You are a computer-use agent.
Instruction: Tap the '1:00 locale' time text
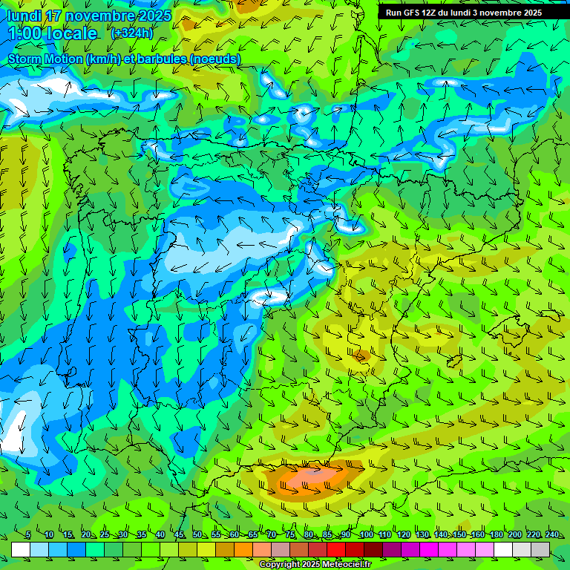(53, 33)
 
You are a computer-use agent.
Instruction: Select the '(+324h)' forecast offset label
(132, 33)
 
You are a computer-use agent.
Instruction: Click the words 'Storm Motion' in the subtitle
(43, 59)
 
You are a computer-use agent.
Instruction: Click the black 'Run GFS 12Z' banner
(463, 13)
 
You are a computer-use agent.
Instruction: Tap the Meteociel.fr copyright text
(315, 565)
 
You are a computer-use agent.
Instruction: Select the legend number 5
(28, 535)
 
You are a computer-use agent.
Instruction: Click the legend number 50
(197, 535)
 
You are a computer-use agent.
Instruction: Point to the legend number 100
(366, 535)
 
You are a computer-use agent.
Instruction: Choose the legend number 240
(551, 535)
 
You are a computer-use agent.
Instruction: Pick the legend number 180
(496, 535)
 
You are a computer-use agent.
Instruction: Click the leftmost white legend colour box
(21, 549)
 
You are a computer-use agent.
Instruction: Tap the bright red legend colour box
(336, 549)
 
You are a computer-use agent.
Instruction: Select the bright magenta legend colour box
(429, 549)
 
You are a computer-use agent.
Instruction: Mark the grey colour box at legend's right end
(540, 549)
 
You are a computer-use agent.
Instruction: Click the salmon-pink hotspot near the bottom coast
(312, 479)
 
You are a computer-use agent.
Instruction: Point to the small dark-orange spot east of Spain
(361, 356)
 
